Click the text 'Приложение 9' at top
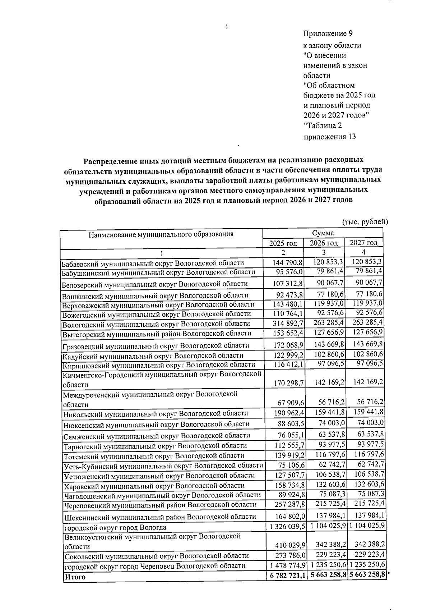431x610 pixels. click(328, 34)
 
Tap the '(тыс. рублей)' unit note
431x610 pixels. click(365, 222)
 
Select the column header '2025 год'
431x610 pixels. click(283, 243)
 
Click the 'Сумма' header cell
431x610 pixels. click(323, 233)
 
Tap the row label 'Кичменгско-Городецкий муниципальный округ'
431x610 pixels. click(161, 375)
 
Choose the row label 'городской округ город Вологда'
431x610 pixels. click(115, 528)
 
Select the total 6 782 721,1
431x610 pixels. click(287, 576)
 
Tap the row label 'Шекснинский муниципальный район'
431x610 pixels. click(160, 517)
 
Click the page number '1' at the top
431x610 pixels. click(227, 27)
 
